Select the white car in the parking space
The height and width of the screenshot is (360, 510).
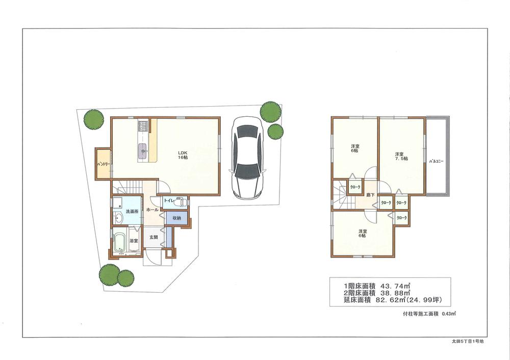point(246,158)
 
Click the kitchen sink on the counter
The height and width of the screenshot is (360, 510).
point(143,149)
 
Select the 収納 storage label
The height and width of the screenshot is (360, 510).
point(176,218)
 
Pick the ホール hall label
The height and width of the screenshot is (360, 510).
point(152,210)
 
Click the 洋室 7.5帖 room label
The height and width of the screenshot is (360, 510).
point(400,156)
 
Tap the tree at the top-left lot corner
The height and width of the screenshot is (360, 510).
point(93,120)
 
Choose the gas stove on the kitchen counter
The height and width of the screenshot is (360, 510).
point(142,125)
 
